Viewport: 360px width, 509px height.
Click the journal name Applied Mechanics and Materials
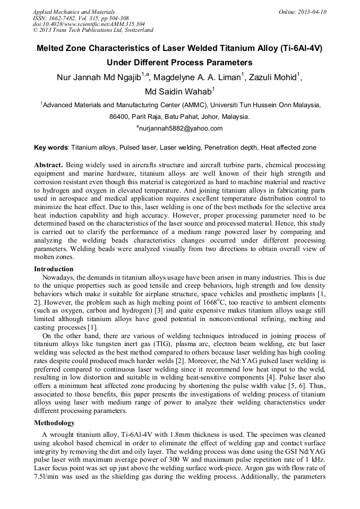coord(74,12)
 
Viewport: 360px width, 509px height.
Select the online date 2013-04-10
coord(311,12)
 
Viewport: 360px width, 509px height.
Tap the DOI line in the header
coord(89,24)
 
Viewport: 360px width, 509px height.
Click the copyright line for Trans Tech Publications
coord(93,30)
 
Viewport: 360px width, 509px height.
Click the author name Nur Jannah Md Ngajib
coord(98,77)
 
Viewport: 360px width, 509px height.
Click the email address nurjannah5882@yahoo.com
coord(181,128)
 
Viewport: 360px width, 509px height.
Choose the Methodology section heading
coord(55,423)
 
